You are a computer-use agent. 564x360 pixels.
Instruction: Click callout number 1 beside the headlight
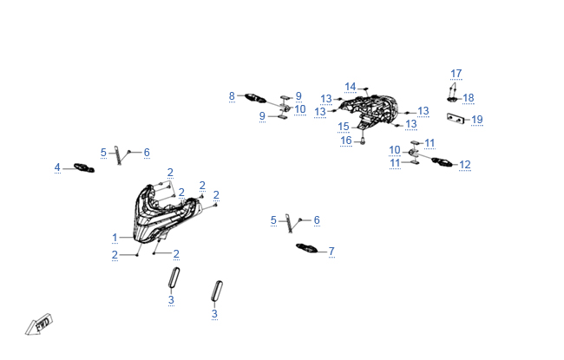[115, 237]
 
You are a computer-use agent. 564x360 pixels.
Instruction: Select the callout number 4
[57, 167]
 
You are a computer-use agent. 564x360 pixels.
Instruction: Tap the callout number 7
[331, 251]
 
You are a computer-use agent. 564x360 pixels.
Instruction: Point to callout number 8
[232, 95]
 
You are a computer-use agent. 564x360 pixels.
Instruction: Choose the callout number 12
[465, 164]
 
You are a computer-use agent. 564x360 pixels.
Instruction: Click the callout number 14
[351, 86]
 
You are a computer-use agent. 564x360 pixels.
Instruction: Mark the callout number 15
[344, 126]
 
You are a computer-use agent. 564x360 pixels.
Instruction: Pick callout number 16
[345, 140]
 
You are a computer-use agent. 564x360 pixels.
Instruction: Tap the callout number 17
[456, 73]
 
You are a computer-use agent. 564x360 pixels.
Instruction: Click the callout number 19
[477, 119]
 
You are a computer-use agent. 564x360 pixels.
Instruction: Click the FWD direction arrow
[39, 324]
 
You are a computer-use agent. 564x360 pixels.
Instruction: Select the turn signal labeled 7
[306, 249]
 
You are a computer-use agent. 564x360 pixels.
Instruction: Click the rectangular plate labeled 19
[455, 117]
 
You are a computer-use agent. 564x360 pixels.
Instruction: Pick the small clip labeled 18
[454, 98]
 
